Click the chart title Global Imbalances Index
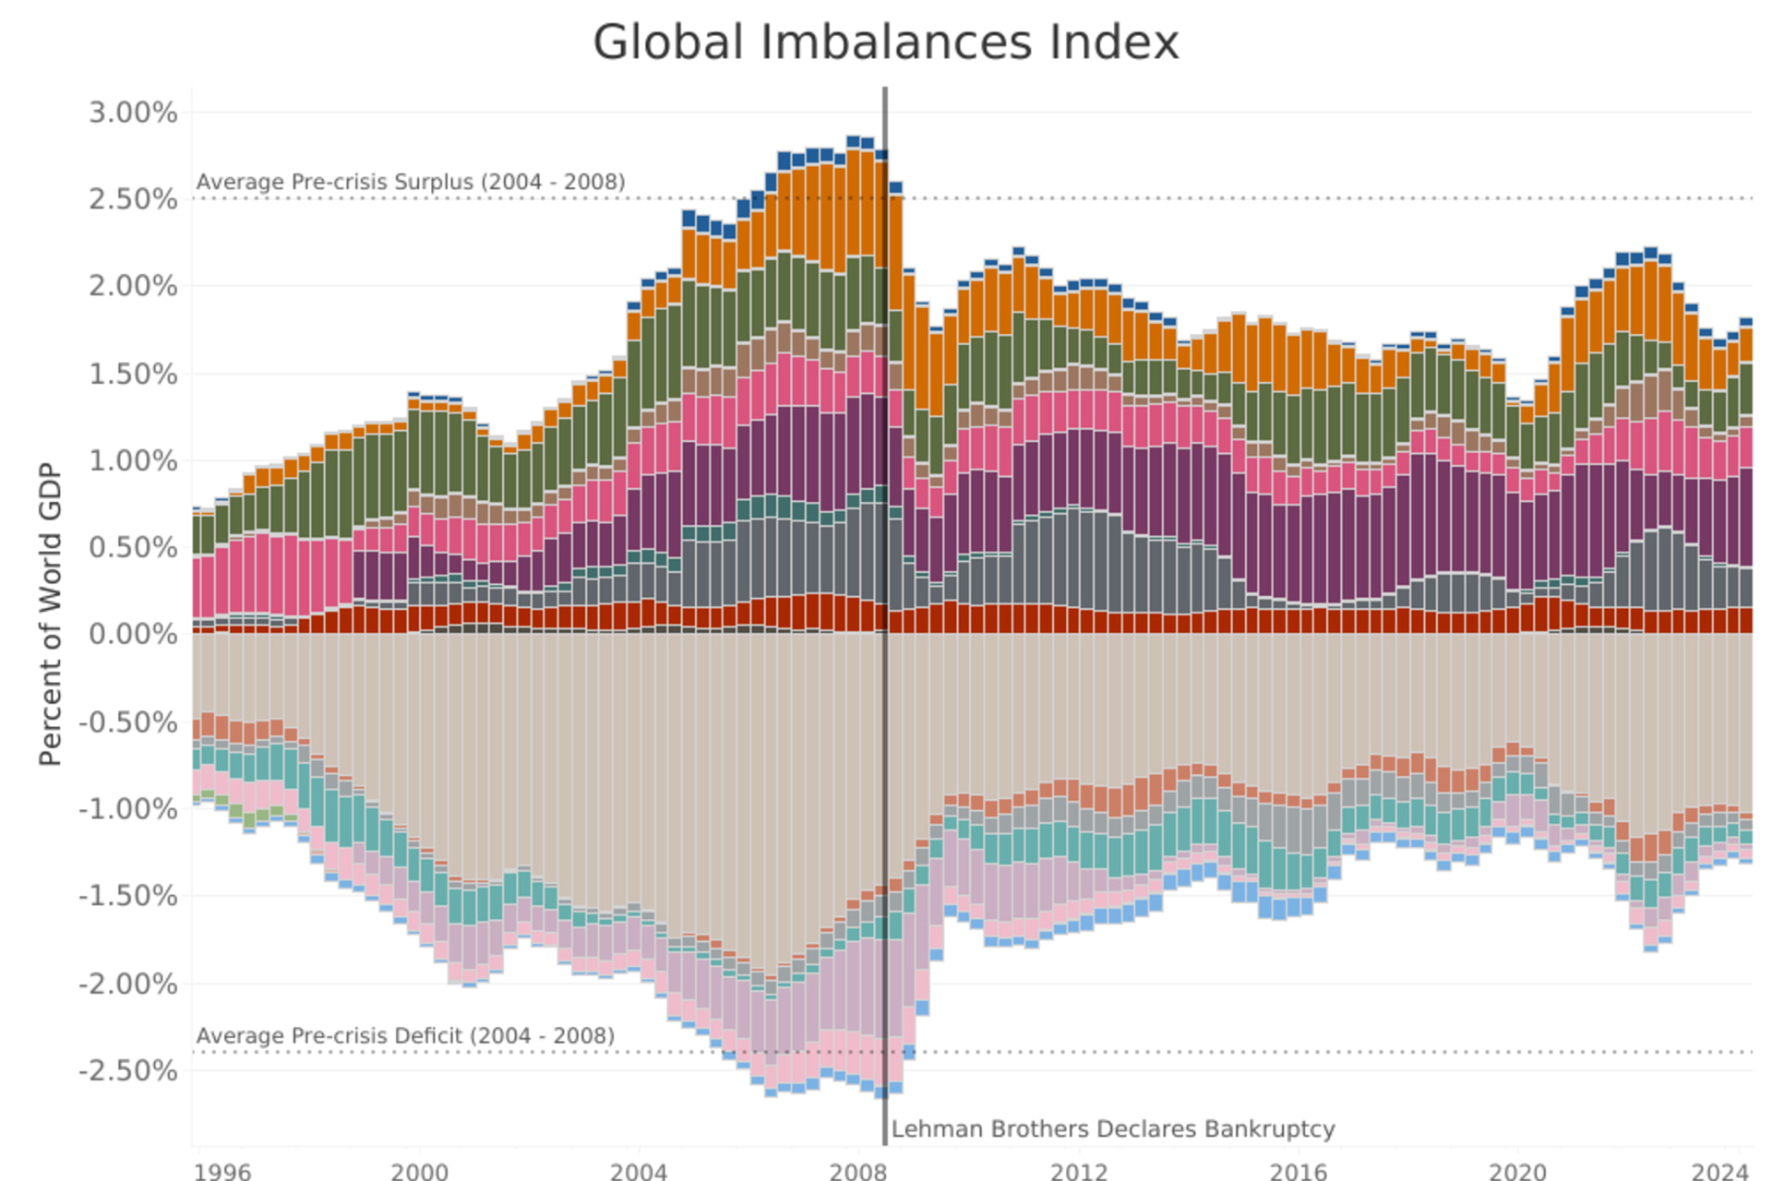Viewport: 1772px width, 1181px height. click(885, 42)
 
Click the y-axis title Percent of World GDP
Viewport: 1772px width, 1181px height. click(50, 614)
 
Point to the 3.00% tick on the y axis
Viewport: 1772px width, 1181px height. click(133, 113)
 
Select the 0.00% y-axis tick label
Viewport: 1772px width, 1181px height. click(133, 635)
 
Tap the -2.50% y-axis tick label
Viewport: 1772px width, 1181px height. click(128, 1071)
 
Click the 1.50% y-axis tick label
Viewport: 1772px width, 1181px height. click(133, 374)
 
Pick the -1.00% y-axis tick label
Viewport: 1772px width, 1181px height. click(128, 809)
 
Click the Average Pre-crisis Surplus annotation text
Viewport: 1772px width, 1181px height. click(411, 182)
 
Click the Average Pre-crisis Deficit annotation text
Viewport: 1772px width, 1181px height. click(405, 1035)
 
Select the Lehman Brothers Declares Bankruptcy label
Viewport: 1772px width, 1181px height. click(1113, 1129)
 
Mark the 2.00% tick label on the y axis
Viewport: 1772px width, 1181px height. click(133, 286)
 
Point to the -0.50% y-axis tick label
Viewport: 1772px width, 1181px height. click(128, 722)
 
